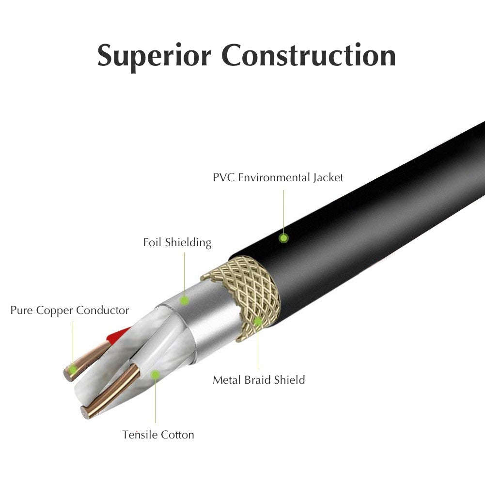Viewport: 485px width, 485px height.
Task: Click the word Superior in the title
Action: point(154,55)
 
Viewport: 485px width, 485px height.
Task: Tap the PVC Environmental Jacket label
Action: point(278,177)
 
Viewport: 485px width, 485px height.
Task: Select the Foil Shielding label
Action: point(177,242)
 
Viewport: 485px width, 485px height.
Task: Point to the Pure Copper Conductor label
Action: point(70,310)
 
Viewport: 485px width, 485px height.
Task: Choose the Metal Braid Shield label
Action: point(259,379)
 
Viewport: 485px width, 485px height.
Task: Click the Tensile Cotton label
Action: point(158,435)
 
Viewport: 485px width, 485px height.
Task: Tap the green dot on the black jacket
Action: point(284,238)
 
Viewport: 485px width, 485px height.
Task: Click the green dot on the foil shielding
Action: point(184,300)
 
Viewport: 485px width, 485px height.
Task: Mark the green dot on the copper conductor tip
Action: point(73,370)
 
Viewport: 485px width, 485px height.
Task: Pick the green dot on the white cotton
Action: point(155,374)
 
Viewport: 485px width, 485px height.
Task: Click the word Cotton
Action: point(177,435)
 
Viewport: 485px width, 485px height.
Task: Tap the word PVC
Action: point(223,177)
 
